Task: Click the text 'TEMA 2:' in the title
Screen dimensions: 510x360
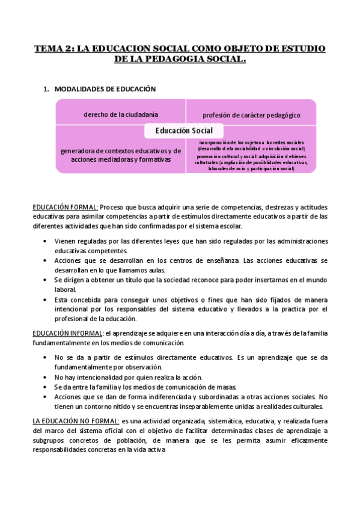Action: [53, 48]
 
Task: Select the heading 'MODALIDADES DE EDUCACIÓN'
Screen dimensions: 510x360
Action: [105, 89]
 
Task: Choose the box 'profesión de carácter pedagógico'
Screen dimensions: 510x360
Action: [251, 114]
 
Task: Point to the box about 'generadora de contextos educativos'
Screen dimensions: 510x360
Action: [121, 155]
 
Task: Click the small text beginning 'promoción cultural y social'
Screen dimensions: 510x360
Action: [251, 162]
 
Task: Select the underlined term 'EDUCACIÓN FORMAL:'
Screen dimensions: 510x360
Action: [66, 207]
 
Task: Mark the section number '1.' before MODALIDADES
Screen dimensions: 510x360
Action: [46, 89]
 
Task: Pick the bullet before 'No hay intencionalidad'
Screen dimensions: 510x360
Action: [46, 376]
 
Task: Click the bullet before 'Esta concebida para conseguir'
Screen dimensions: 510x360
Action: [46, 300]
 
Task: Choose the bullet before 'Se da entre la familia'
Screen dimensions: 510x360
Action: [46, 387]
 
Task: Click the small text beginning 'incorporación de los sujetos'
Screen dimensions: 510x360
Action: [251, 145]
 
